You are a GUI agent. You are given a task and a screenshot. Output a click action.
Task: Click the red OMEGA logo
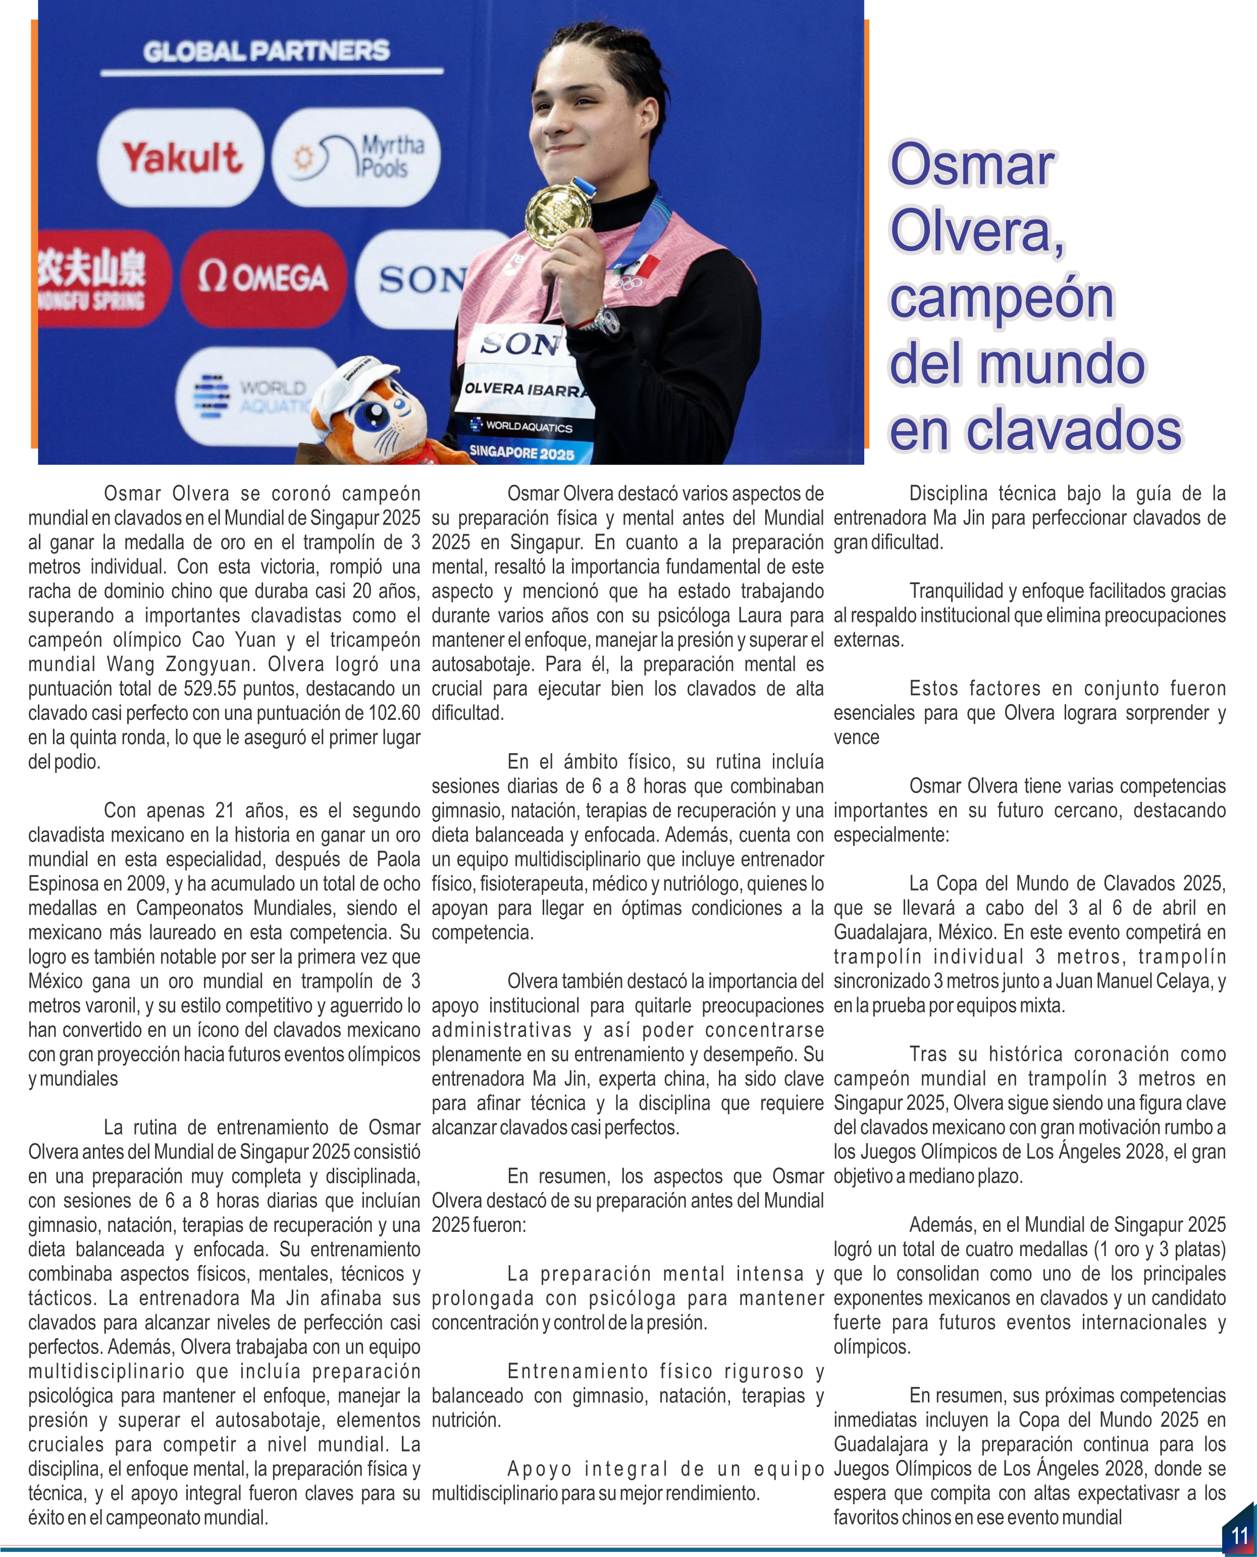click(264, 278)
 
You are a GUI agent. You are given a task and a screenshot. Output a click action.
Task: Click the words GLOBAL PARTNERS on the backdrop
click(267, 51)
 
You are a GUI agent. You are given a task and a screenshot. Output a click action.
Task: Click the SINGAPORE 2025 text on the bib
click(521, 453)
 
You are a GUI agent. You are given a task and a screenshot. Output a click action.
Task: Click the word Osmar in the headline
click(972, 165)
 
